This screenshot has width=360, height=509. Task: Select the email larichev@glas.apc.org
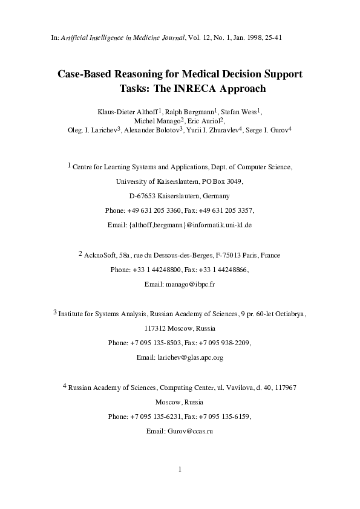(189, 357)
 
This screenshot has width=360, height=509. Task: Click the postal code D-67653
(143, 196)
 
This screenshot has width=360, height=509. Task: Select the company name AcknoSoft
(103, 255)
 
